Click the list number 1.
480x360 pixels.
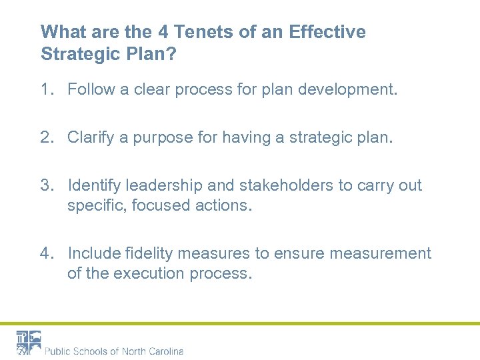45,89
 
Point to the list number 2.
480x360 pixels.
45,137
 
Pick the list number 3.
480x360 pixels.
45,185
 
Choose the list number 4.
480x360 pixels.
45,253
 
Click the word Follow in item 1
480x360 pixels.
90,89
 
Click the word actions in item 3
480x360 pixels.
226,205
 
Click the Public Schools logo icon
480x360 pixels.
28,343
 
